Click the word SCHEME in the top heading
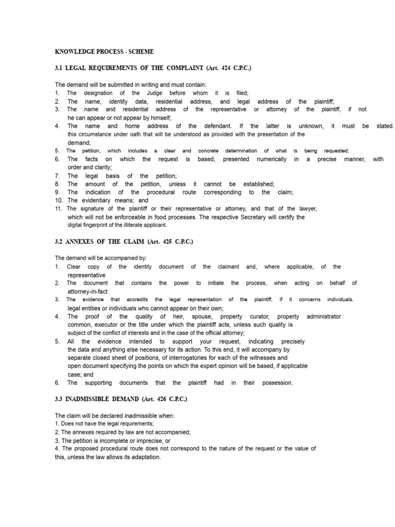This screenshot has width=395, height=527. (x=141, y=52)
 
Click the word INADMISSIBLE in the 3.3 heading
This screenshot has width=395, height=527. (x=91, y=399)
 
